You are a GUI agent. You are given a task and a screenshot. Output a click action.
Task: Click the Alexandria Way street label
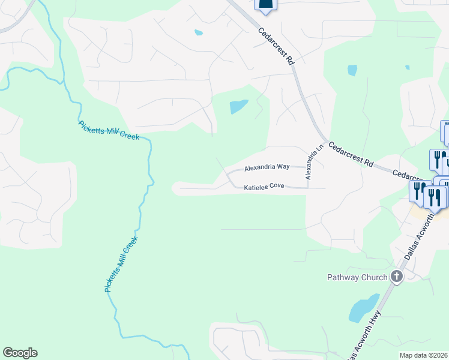click(x=267, y=168)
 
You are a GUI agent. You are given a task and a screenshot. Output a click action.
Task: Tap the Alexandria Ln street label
click(x=310, y=161)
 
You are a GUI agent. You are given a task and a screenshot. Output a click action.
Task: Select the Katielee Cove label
click(x=264, y=187)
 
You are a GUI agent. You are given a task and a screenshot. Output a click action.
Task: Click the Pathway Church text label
click(x=357, y=277)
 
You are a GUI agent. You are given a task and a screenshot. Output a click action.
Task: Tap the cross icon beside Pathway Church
click(x=396, y=277)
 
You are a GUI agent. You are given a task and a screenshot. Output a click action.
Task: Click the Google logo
click(x=20, y=353)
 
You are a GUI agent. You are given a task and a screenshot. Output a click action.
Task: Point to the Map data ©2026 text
click(x=423, y=355)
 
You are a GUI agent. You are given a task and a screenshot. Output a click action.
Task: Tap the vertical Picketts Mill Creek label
click(x=121, y=264)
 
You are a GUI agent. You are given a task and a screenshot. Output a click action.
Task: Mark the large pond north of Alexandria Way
click(x=238, y=107)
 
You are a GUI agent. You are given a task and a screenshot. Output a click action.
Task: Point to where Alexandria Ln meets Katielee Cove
click(x=308, y=187)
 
